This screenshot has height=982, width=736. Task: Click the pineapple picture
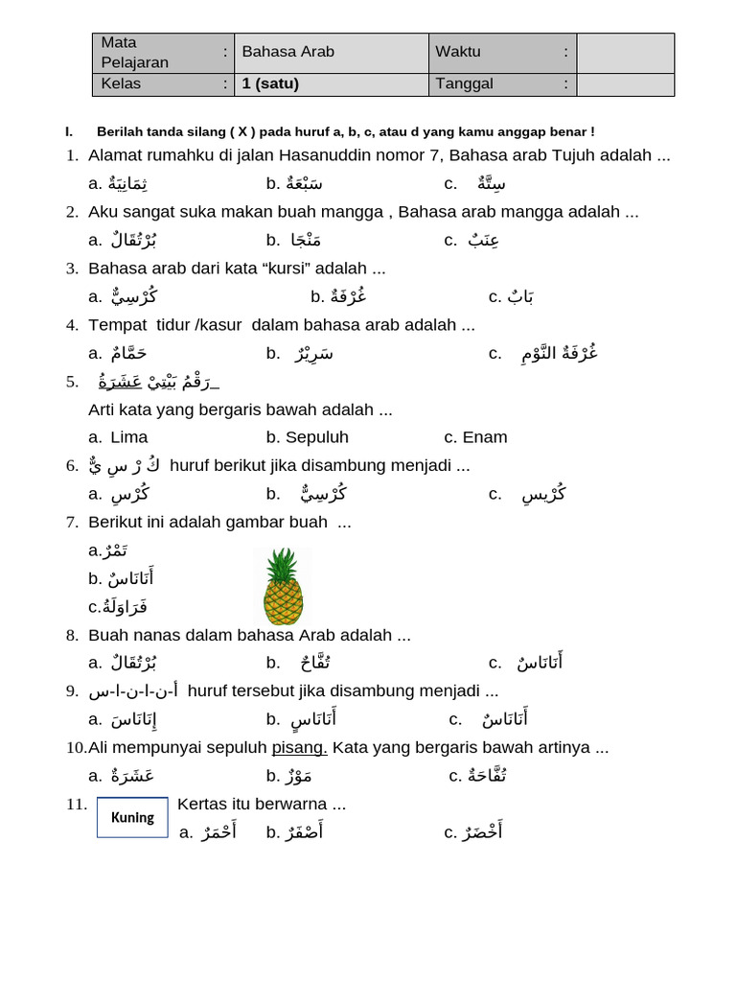(x=283, y=587)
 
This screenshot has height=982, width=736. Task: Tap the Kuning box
(x=132, y=818)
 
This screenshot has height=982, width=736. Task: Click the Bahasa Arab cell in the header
(x=287, y=52)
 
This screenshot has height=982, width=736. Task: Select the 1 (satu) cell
(x=270, y=83)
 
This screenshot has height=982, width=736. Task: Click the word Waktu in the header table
(x=458, y=52)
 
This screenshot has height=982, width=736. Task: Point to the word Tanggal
(x=464, y=83)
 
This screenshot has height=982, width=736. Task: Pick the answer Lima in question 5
(x=129, y=437)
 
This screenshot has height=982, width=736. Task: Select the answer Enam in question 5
(x=485, y=437)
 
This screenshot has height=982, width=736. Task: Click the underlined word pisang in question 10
(x=300, y=747)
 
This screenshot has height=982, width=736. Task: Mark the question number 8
(x=72, y=635)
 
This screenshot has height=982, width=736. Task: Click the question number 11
(x=76, y=804)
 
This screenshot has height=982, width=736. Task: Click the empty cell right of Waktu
(x=625, y=53)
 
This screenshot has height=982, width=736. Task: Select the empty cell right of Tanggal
(x=625, y=84)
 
